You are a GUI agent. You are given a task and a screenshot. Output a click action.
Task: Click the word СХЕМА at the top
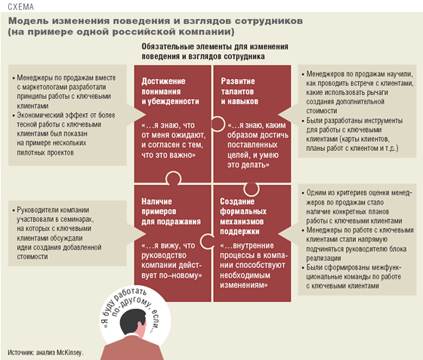pyautogui.click(x=21, y=7)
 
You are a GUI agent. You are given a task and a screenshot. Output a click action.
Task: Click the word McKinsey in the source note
pyautogui.click(x=69, y=352)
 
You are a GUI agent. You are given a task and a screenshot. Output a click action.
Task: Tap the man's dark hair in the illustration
pyautogui.click(x=132, y=320)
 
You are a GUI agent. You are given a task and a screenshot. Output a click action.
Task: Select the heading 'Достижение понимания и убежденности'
pyautogui.click(x=170, y=91)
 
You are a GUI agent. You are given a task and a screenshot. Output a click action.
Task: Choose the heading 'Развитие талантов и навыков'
pyautogui.click(x=239, y=91)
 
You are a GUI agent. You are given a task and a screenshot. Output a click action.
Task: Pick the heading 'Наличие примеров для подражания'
pyautogui.click(x=171, y=211)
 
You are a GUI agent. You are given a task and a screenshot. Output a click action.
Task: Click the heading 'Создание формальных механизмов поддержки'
pyautogui.click(x=243, y=217)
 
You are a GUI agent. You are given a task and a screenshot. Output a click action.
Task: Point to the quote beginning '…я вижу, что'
pyautogui.click(x=171, y=260)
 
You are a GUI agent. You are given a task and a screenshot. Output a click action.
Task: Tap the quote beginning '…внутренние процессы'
pyautogui.click(x=254, y=266)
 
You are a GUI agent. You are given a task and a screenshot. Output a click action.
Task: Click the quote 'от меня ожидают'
pyautogui.click(x=174, y=135)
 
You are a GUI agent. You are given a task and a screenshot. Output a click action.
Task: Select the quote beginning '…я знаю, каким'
pyautogui.click(x=258, y=145)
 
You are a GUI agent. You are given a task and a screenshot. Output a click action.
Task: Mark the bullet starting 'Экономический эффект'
pyautogui.click(x=64, y=134)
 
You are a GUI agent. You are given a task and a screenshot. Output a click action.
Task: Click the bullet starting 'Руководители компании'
pyautogui.click(x=57, y=233)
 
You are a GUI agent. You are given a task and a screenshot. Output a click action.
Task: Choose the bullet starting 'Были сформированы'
pyautogui.click(x=352, y=277)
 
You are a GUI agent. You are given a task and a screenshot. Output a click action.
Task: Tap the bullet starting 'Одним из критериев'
pyautogui.click(x=357, y=207)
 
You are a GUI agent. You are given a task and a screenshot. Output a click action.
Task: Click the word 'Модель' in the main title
pyautogui.click(x=29, y=21)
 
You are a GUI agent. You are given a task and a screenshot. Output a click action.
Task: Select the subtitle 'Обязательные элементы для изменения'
pyautogui.click(x=215, y=47)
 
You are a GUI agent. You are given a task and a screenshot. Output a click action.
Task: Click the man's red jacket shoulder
pyautogui.click(x=113, y=351)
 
